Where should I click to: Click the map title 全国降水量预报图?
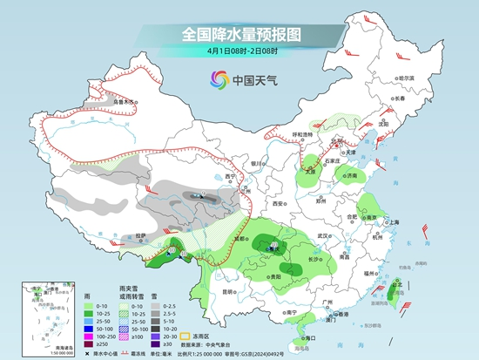239,35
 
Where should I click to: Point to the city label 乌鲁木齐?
125,102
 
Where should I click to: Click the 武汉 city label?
326,235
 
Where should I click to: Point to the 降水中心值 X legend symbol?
89,354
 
